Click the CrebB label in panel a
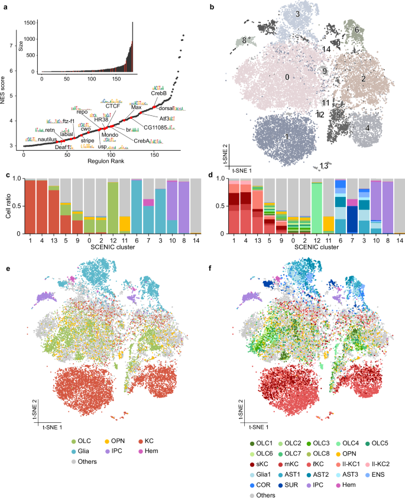click(x=158, y=93)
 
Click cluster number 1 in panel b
click(x=286, y=137)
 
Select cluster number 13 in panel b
click(x=324, y=166)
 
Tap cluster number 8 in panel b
click(x=244, y=40)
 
